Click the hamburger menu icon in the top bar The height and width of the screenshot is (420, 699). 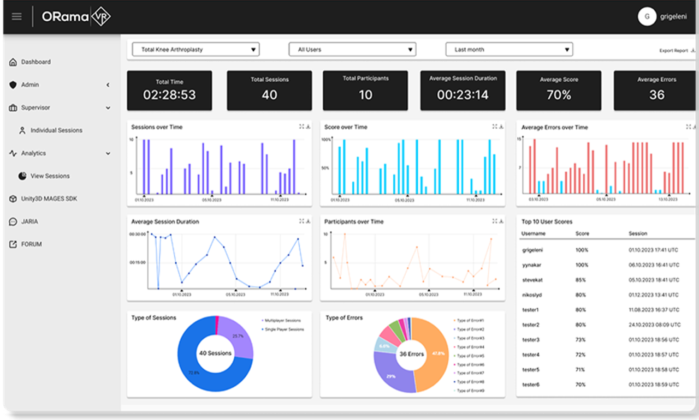(16, 16)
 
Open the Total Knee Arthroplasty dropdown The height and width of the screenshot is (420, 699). (196, 50)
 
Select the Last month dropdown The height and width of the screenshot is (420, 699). (509, 50)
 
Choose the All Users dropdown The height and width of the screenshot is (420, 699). (352, 50)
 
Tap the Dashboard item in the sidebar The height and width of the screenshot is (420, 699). (35, 62)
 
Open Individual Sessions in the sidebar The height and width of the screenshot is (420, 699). (56, 130)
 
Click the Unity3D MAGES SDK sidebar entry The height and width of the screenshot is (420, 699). (49, 199)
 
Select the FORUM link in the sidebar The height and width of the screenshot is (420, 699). (31, 244)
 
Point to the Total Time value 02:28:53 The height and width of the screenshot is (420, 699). (169, 95)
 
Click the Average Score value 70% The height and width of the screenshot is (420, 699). (559, 95)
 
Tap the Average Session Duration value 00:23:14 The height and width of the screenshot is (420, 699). (463, 95)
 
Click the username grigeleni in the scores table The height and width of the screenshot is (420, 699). (533, 250)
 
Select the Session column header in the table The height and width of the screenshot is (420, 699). (637, 233)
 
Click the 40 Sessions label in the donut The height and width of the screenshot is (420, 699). (215, 353)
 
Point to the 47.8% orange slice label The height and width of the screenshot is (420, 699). (438, 353)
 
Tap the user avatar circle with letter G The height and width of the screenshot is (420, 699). (647, 17)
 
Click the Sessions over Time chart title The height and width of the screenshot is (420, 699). (157, 127)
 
